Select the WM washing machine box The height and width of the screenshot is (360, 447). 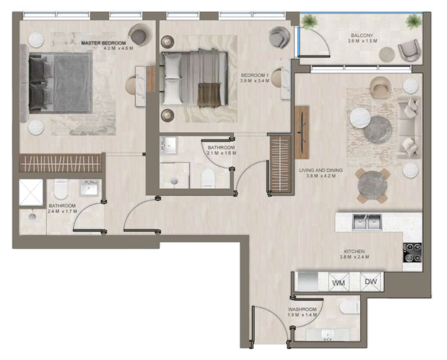tap(339, 282)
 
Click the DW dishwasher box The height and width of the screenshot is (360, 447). tap(371, 282)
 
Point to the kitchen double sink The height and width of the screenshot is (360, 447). tap(367, 222)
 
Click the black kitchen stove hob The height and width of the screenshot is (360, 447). tap(412, 253)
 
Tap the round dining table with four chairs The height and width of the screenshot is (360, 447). tap(372, 186)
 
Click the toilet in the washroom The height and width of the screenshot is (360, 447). tap(350, 307)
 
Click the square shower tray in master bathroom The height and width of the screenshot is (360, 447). tap(31, 192)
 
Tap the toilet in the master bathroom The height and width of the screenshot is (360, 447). tap(61, 189)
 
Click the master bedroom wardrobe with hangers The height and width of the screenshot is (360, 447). tap(61, 163)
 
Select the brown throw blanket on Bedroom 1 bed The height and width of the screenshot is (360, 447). tap(209, 95)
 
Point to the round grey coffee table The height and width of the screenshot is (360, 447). tap(377, 130)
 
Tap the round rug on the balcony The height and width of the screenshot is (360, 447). tap(387, 54)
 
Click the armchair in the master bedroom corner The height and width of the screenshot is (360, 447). tap(139, 35)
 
